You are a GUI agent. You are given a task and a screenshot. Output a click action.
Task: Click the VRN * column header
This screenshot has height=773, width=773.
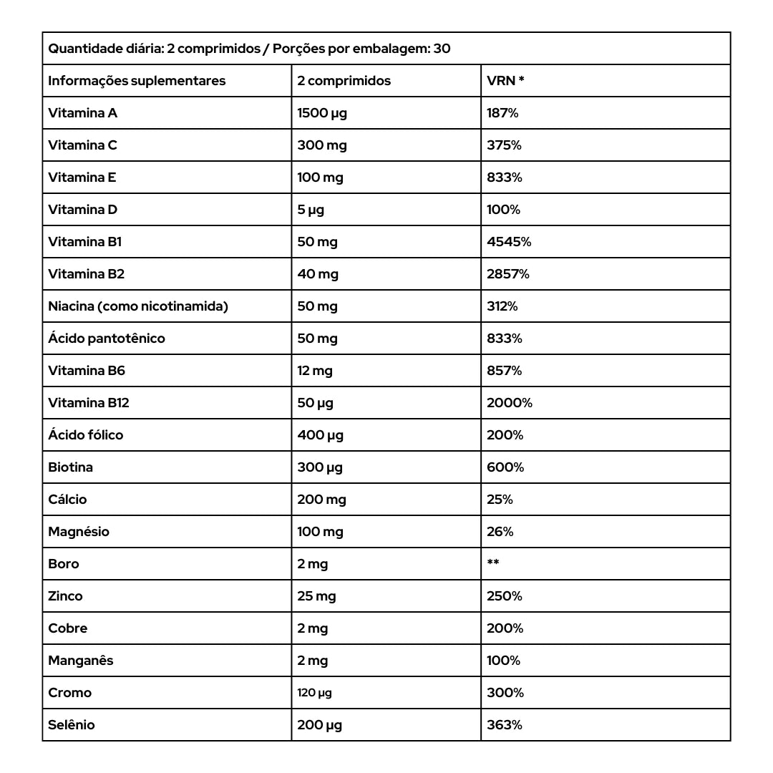click(505, 81)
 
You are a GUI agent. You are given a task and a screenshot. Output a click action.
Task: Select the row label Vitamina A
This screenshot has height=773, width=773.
click(82, 113)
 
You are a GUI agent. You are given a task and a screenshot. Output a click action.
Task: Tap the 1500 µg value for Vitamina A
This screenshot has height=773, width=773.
click(322, 113)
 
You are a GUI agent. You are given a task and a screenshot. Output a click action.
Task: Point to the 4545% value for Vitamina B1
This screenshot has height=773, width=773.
click(509, 242)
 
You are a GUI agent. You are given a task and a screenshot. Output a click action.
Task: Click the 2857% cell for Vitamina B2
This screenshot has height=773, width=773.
click(508, 274)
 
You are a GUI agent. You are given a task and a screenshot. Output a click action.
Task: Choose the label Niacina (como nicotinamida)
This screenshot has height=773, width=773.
click(138, 306)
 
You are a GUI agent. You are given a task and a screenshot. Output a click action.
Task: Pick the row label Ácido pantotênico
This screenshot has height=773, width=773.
click(107, 339)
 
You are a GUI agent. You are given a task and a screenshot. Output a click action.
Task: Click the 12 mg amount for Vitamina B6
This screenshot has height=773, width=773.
click(315, 371)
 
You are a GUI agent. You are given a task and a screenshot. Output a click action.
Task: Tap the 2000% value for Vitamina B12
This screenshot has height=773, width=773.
click(510, 403)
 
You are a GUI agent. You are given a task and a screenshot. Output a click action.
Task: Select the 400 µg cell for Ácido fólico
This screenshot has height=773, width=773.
click(320, 435)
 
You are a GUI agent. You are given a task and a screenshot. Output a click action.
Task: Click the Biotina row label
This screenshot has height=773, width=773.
click(70, 467)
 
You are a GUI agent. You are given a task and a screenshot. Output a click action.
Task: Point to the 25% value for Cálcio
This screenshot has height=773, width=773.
click(500, 500)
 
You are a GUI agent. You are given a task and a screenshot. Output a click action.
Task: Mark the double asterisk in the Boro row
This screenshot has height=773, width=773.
click(493, 563)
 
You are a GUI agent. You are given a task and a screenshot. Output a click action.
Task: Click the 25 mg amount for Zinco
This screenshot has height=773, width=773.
click(316, 596)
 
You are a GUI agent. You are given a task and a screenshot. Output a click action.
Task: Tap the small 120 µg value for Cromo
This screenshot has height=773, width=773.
click(314, 693)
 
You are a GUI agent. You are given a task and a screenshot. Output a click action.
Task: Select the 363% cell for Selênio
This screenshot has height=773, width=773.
click(505, 725)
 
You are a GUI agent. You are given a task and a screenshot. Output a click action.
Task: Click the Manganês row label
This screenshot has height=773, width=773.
click(81, 661)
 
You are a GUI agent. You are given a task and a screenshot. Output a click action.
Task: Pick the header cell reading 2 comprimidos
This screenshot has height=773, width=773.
click(344, 81)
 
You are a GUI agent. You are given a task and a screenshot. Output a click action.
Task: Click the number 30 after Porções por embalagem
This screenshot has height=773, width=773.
click(442, 49)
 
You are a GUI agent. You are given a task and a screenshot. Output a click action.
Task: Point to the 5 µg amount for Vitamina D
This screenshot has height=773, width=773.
click(311, 210)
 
